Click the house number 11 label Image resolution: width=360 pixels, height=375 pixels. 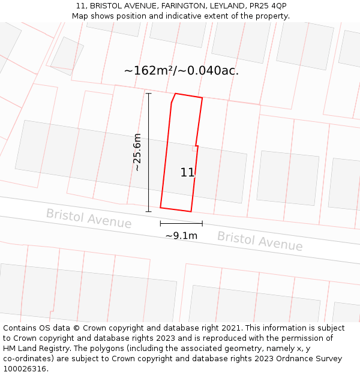(x=187, y=173)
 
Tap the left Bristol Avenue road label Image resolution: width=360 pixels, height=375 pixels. (x=89, y=218)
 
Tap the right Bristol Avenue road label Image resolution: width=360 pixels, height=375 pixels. (x=260, y=241)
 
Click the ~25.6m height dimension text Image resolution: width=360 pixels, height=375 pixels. (x=137, y=152)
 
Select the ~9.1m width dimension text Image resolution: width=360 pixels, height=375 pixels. (x=181, y=236)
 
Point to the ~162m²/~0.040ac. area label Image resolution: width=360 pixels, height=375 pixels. (x=181, y=71)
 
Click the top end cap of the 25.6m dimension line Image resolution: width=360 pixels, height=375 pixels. (x=149, y=93)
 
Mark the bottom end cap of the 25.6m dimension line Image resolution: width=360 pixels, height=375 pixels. (x=149, y=211)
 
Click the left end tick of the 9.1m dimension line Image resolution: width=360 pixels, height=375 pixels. (x=160, y=223)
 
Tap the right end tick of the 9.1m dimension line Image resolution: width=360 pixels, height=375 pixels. (x=202, y=223)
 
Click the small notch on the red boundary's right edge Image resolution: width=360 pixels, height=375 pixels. (x=196, y=146)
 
